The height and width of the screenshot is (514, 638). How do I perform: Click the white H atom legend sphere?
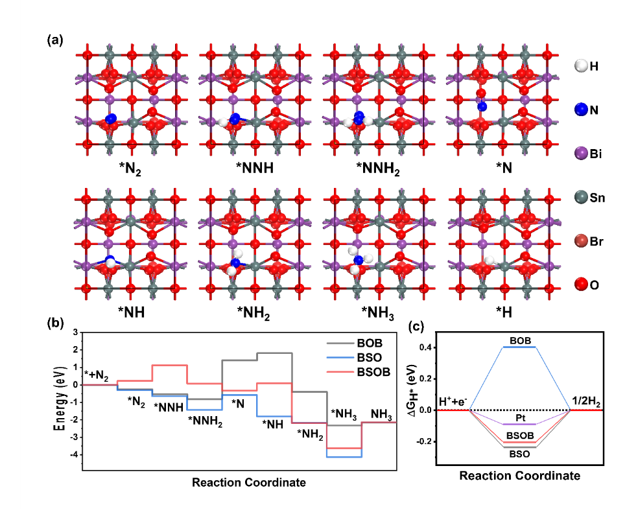point(581,65)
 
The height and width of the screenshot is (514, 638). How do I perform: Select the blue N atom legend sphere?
point(581,110)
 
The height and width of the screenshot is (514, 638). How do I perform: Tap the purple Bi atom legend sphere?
point(581,154)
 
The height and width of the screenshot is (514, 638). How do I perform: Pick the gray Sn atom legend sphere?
point(581,198)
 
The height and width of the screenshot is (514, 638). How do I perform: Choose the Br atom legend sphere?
point(581,241)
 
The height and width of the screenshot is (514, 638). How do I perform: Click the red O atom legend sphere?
point(581,285)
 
